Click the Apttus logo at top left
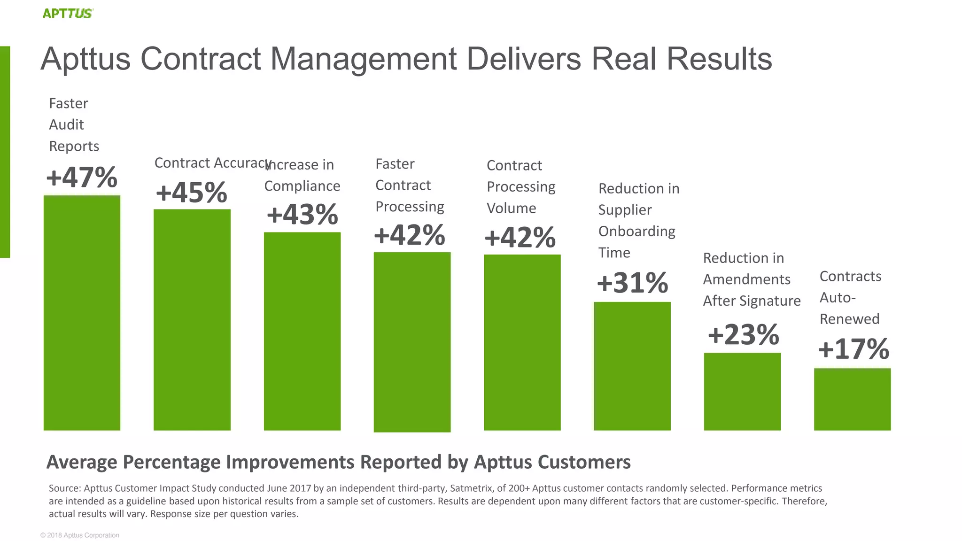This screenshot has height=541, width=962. (68, 13)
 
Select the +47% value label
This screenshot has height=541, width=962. (82, 178)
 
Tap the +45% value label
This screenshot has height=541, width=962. (192, 193)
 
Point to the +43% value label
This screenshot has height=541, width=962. (302, 215)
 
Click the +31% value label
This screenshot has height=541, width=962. (632, 283)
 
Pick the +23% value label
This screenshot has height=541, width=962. (743, 335)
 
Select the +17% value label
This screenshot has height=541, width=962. (853, 349)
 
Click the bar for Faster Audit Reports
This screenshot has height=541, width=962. (82, 312)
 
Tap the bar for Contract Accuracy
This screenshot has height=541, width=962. (192, 319)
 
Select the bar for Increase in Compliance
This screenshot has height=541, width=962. (302, 331)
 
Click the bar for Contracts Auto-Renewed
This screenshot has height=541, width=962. (852, 399)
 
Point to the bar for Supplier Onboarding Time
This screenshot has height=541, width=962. (632, 366)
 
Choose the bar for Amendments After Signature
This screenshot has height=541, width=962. (742, 391)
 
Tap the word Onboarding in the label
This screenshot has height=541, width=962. (636, 232)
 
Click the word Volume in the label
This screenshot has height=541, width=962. (511, 208)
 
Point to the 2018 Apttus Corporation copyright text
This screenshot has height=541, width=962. (80, 535)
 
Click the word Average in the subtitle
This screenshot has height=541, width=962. (82, 462)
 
